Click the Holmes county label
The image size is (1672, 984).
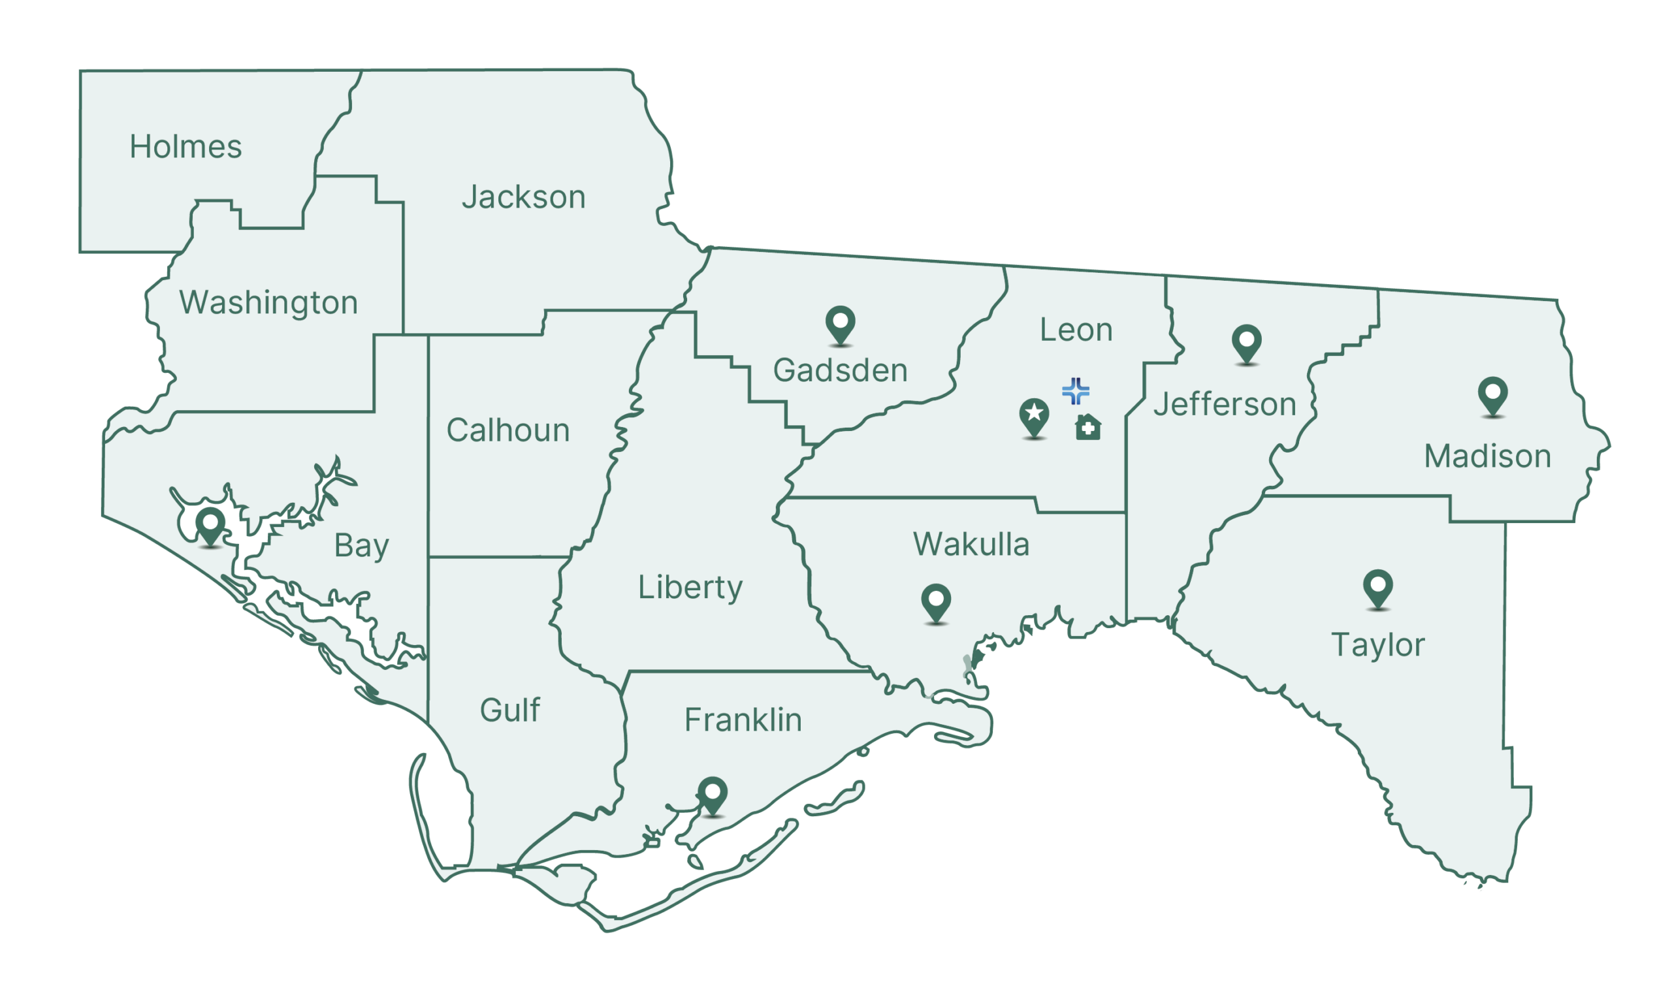[x=185, y=147]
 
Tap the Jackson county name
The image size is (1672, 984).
[x=524, y=197]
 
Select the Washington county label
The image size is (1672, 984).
[x=268, y=302]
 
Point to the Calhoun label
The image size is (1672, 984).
[x=507, y=430]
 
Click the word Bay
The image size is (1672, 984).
[x=361, y=546]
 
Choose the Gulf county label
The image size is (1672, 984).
[x=509, y=710]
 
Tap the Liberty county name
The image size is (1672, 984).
[x=690, y=587]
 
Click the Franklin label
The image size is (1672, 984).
[x=743, y=720]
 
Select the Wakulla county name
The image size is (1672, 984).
[x=971, y=544]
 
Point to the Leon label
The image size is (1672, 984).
[x=1076, y=330]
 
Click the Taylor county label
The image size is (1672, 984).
[x=1377, y=645]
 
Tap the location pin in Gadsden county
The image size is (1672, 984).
[x=840, y=324]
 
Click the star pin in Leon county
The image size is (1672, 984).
[x=1034, y=417]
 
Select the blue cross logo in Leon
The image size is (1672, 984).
[x=1076, y=391]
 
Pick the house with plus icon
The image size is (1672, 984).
[x=1088, y=427]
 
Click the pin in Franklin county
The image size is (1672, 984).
[x=713, y=794]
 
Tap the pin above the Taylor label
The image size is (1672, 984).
[x=1377, y=588]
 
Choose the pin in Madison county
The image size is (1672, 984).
[x=1493, y=396]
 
